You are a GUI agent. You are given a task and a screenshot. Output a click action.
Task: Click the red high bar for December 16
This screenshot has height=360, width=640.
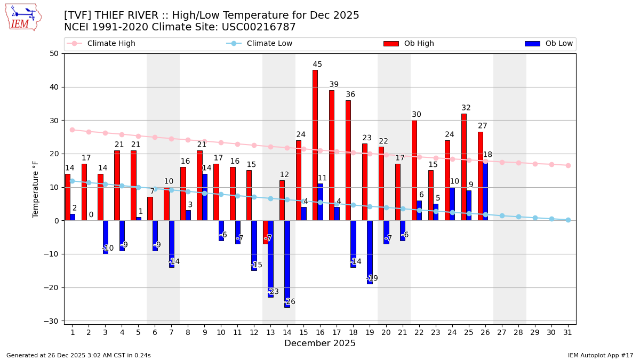point(315,145)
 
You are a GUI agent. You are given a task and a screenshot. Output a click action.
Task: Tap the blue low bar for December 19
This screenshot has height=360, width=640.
point(370,252)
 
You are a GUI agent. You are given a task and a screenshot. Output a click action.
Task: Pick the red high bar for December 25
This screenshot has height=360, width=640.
point(464,167)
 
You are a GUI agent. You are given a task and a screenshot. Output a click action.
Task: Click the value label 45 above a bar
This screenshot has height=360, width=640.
point(317,65)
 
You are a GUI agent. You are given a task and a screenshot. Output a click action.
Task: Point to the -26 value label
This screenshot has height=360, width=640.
point(290,302)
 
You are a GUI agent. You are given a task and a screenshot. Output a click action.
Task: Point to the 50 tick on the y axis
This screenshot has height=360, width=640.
point(54,53)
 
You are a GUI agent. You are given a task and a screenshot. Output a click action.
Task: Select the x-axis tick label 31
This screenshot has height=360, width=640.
point(568,332)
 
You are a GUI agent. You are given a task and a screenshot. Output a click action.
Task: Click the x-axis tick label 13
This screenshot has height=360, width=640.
point(270,332)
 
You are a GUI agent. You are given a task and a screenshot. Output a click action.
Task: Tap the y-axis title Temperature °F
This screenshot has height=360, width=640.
point(36,189)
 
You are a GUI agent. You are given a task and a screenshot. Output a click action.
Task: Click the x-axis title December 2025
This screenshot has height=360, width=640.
point(319,343)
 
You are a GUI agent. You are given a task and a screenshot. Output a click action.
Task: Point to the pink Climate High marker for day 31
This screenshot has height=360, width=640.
point(568,165)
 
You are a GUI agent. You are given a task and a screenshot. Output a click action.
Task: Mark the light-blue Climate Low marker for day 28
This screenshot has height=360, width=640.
point(518,217)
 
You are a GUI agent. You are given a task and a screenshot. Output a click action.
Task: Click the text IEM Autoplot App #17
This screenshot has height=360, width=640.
point(601,355)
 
